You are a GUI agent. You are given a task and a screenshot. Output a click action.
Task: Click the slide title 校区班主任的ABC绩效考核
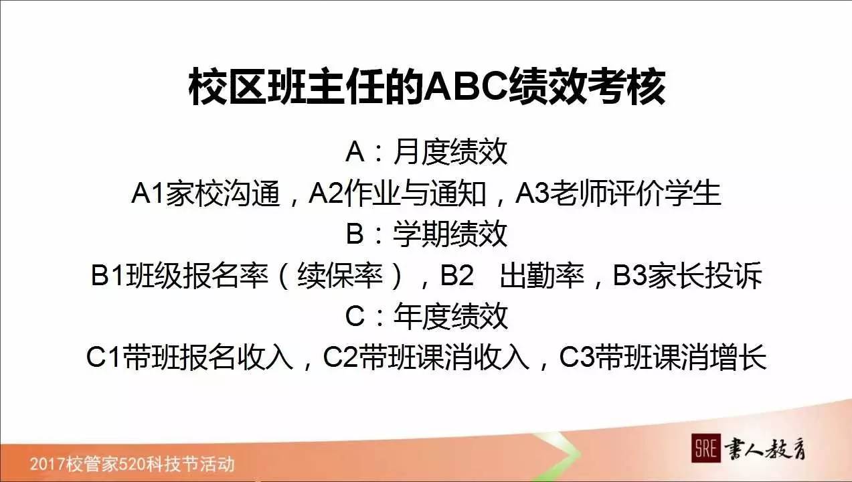point(426,86)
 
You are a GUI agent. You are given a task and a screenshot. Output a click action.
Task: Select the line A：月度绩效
point(426,153)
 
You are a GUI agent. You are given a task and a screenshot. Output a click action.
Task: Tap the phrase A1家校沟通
point(205,193)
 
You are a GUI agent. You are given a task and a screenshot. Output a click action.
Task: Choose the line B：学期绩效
point(426,234)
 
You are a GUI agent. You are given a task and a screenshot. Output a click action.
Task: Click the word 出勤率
point(542,276)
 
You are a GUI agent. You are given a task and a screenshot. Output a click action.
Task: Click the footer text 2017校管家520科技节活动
point(132,463)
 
